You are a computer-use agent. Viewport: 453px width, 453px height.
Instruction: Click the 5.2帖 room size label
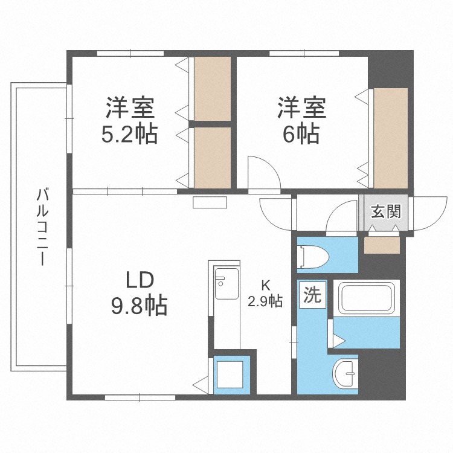click(x=129, y=135)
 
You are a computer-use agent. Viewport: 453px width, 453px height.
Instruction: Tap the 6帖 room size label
click(x=301, y=135)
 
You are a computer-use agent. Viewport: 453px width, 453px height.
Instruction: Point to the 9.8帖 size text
click(x=139, y=306)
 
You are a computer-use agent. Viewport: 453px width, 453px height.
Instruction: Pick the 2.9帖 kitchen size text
click(x=265, y=301)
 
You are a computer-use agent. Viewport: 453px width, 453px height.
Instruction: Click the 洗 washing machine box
click(x=312, y=295)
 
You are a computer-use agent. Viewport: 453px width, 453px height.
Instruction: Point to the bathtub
click(x=367, y=298)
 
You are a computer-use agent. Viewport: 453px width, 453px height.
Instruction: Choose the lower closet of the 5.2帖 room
click(x=212, y=157)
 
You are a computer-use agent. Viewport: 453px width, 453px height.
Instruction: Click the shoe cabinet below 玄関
click(x=382, y=245)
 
